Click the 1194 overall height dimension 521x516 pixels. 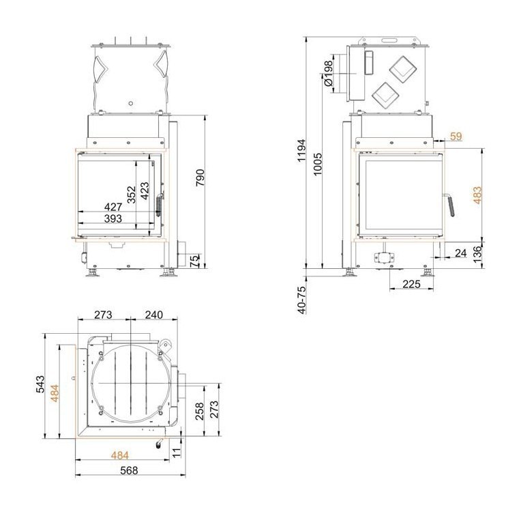(x=301, y=150)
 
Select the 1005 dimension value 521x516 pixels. (x=318, y=164)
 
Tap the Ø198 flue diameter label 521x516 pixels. (x=328, y=73)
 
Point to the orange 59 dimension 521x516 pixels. (x=456, y=137)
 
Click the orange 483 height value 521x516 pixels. (x=477, y=195)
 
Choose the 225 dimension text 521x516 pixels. (x=411, y=284)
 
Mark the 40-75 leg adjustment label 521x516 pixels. (x=301, y=300)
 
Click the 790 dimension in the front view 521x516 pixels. (x=200, y=177)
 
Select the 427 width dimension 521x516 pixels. (x=113, y=207)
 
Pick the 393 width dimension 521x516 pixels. (x=113, y=218)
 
